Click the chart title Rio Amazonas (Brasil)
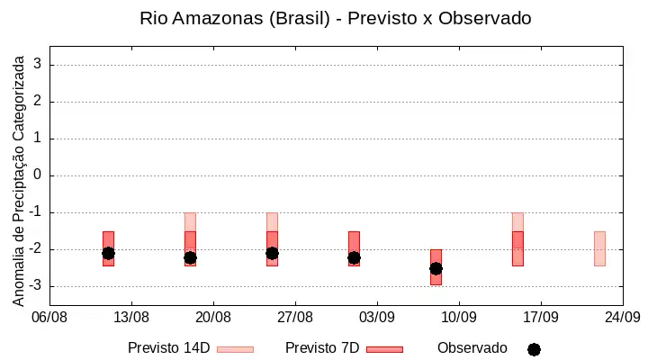(x=235, y=19)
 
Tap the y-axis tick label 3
(x=38, y=64)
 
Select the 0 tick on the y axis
(x=38, y=175)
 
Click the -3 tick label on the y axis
(x=35, y=285)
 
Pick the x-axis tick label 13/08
(x=131, y=318)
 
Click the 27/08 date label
(x=295, y=318)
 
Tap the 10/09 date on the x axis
(x=459, y=318)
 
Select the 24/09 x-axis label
(x=623, y=318)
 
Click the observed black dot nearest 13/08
(x=108, y=254)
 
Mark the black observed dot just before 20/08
(x=190, y=258)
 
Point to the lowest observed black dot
(x=436, y=269)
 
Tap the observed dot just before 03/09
(x=355, y=258)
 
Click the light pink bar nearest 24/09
(x=599, y=248)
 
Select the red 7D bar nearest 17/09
(x=517, y=248)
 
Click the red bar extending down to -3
(x=436, y=267)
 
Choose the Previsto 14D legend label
(x=169, y=348)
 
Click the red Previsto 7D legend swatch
(x=385, y=350)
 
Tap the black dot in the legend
(x=534, y=350)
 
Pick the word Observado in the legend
(x=472, y=348)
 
